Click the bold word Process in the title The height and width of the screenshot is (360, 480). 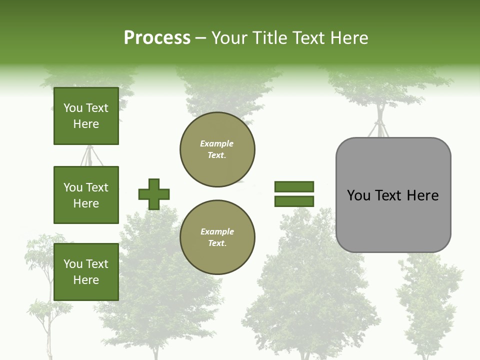(x=157, y=38)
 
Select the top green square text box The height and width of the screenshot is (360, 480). (x=86, y=116)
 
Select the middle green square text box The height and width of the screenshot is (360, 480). (x=86, y=195)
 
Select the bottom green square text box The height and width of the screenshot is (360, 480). (x=86, y=272)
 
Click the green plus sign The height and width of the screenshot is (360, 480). (x=154, y=194)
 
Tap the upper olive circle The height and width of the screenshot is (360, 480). (x=217, y=149)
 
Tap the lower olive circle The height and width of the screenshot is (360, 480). (x=217, y=237)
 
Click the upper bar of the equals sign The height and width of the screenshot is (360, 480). (x=294, y=187)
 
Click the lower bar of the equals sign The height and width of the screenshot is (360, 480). (x=294, y=201)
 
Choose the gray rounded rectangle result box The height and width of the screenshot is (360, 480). (x=393, y=220)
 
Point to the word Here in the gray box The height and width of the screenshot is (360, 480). (x=422, y=195)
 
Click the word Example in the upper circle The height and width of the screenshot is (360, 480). (x=216, y=143)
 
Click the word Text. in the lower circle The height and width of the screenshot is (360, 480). (x=217, y=243)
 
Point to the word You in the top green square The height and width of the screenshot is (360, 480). (x=73, y=108)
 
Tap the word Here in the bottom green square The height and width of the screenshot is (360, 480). (x=86, y=280)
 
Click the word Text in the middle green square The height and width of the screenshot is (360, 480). (x=97, y=187)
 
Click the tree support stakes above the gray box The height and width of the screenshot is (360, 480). (x=380, y=125)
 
